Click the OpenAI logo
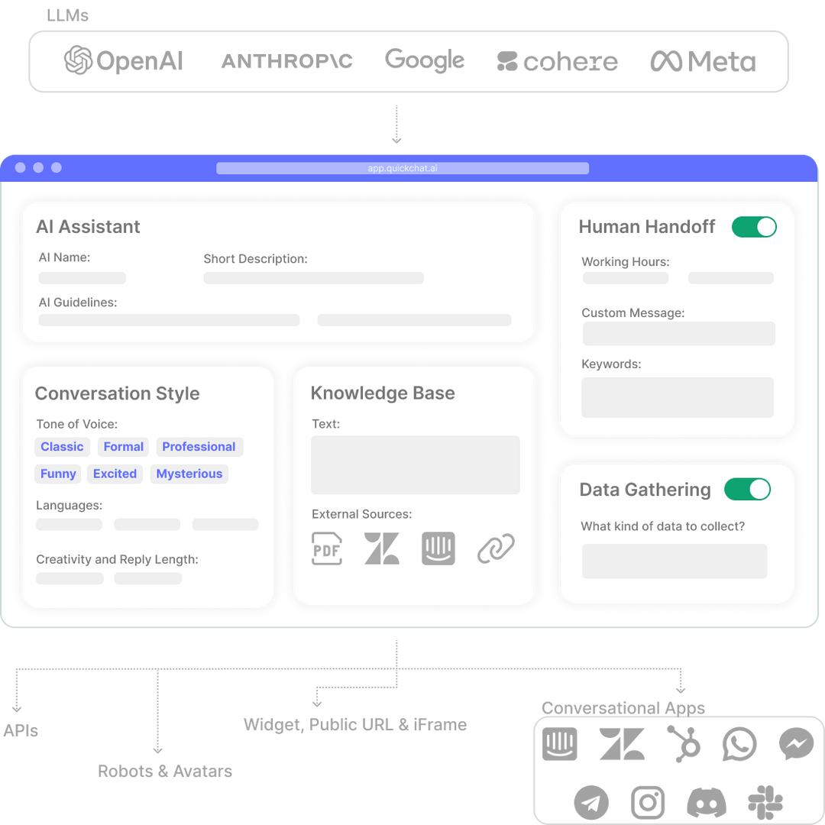124,61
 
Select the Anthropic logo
286,61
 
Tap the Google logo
425,61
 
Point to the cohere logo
557,62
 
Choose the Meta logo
703,62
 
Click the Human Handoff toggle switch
754,227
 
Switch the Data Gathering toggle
747,490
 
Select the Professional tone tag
199,447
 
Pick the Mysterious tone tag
189,474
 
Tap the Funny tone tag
58,474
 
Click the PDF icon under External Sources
327,548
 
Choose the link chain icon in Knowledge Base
496,548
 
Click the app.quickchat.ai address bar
403,168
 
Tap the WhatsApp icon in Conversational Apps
739,745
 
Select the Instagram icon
648,802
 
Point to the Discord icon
707,802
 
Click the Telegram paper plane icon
591,802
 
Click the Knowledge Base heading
383,393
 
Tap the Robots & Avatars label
165,772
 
